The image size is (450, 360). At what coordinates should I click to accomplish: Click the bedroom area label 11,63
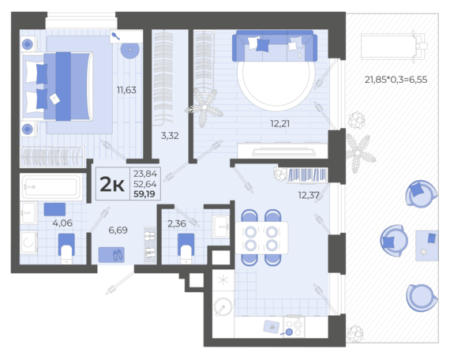click(126, 90)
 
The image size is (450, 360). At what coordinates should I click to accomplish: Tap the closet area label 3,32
click(170, 136)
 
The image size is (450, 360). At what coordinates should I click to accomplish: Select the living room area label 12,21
click(279, 124)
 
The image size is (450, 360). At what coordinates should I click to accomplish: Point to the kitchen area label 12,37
click(309, 195)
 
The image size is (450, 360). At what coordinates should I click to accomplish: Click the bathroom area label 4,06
click(62, 223)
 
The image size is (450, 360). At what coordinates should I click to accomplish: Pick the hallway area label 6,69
click(118, 230)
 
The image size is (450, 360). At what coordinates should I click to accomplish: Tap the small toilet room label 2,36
click(177, 223)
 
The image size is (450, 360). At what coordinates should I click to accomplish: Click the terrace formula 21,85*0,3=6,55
click(396, 80)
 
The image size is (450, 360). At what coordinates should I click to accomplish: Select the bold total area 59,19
click(144, 194)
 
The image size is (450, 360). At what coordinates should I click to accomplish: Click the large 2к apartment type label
click(112, 185)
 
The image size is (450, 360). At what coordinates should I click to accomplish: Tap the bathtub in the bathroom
click(51, 187)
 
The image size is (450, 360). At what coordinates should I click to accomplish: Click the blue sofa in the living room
click(275, 46)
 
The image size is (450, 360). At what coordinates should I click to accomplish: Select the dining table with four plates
click(261, 238)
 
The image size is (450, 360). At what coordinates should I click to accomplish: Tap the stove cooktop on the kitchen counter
click(294, 327)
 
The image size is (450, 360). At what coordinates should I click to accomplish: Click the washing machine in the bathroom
click(28, 242)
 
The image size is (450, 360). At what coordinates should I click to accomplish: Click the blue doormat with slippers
click(111, 255)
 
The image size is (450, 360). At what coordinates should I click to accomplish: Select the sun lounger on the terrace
click(394, 47)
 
